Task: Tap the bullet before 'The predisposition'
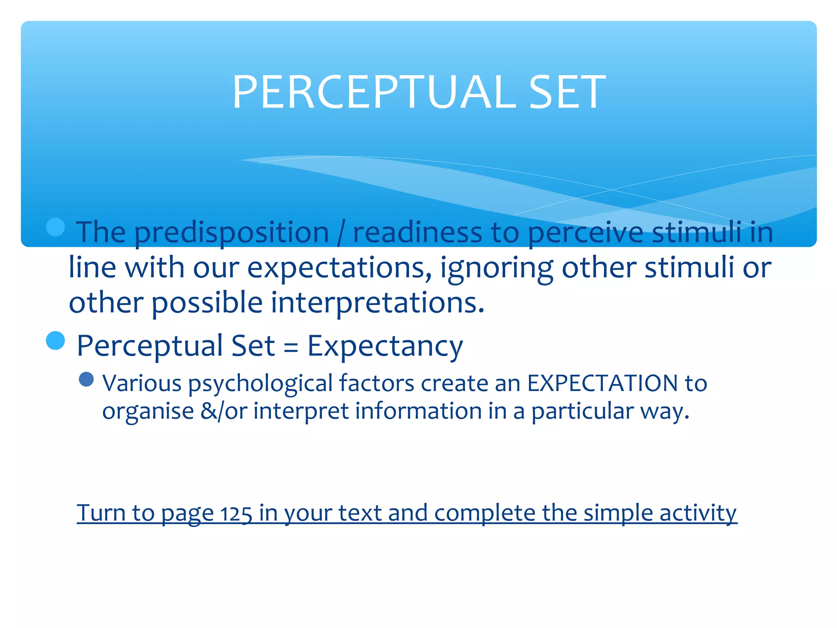click(x=56, y=227)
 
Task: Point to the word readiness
click(x=417, y=232)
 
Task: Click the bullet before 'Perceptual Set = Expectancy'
click(x=56, y=341)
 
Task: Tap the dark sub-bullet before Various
click(x=86, y=379)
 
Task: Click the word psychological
click(x=260, y=384)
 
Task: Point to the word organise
click(x=148, y=411)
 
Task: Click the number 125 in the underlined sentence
click(x=236, y=514)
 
